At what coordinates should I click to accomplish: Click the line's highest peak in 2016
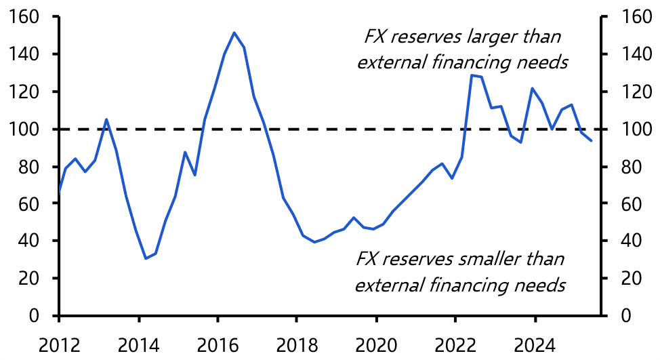(x=234, y=33)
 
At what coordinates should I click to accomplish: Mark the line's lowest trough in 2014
(x=145, y=258)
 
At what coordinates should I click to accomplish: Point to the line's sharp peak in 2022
(x=472, y=75)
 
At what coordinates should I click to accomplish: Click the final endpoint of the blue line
(x=591, y=141)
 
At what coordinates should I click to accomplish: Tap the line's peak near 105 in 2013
(x=106, y=119)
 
